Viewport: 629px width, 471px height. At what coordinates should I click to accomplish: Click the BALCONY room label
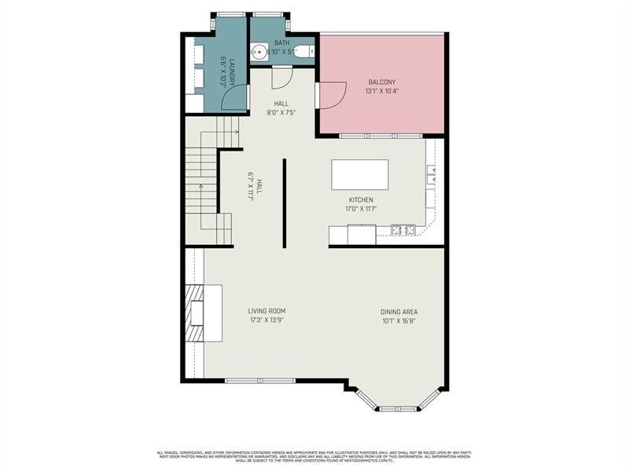pyautogui.click(x=382, y=82)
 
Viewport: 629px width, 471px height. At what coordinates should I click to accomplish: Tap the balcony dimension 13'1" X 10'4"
pyautogui.click(x=382, y=91)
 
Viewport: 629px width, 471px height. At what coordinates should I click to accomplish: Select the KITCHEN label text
pyautogui.click(x=361, y=200)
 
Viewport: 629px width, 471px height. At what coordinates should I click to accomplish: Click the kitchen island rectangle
pyautogui.click(x=360, y=174)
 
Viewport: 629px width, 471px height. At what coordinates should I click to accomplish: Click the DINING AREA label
pyautogui.click(x=399, y=312)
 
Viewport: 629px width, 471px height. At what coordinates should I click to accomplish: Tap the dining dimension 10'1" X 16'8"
pyautogui.click(x=399, y=320)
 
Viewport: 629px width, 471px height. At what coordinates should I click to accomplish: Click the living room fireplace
pyautogui.click(x=195, y=313)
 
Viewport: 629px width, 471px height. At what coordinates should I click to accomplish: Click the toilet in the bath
pyautogui.click(x=305, y=53)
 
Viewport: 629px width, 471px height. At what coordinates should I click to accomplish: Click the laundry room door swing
pyautogui.click(x=235, y=98)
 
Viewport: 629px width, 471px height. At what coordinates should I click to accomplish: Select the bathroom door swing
pyautogui.click(x=282, y=77)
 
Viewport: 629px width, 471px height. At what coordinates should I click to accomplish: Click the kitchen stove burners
pyautogui.click(x=403, y=230)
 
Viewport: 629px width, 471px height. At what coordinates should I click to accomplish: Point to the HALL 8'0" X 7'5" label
pyautogui.click(x=281, y=108)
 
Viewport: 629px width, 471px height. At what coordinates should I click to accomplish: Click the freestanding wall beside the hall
pyautogui.click(x=284, y=203)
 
